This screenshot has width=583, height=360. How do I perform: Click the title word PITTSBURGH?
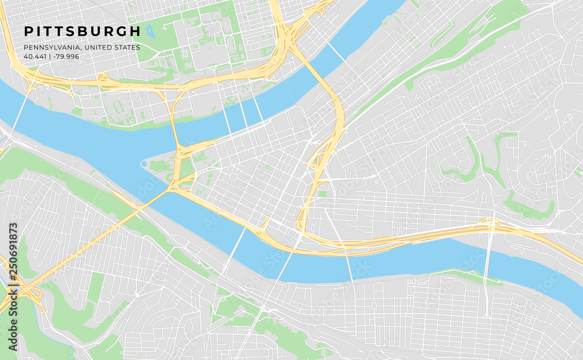[82, 31]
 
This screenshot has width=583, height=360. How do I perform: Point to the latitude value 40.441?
[34, 57]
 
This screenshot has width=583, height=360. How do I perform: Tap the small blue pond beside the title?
[150, 31]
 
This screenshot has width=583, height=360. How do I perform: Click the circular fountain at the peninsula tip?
[144, 164]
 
